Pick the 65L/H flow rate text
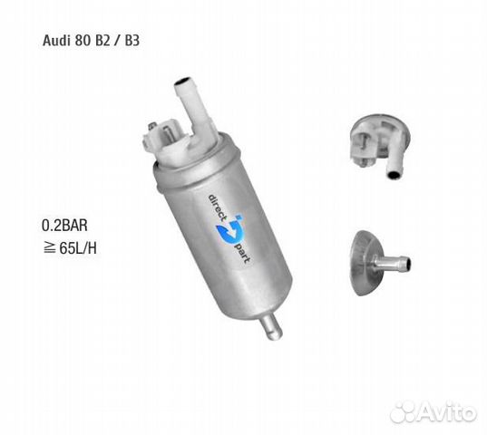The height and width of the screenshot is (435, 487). coord(76,247)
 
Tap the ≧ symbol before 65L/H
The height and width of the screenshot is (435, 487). coord(47,247)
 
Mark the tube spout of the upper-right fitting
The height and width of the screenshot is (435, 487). coord(396,164)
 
